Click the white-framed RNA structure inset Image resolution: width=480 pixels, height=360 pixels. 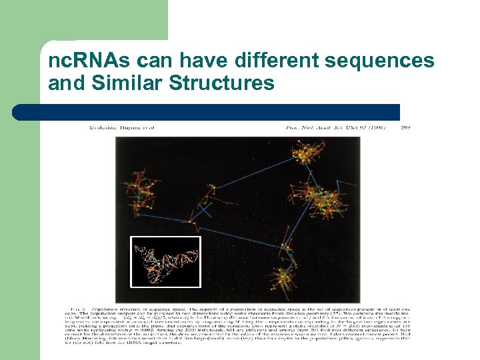click(166, 261)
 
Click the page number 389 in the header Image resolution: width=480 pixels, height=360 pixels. click(405, 126)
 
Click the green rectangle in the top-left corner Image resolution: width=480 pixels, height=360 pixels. click(83, 20)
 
